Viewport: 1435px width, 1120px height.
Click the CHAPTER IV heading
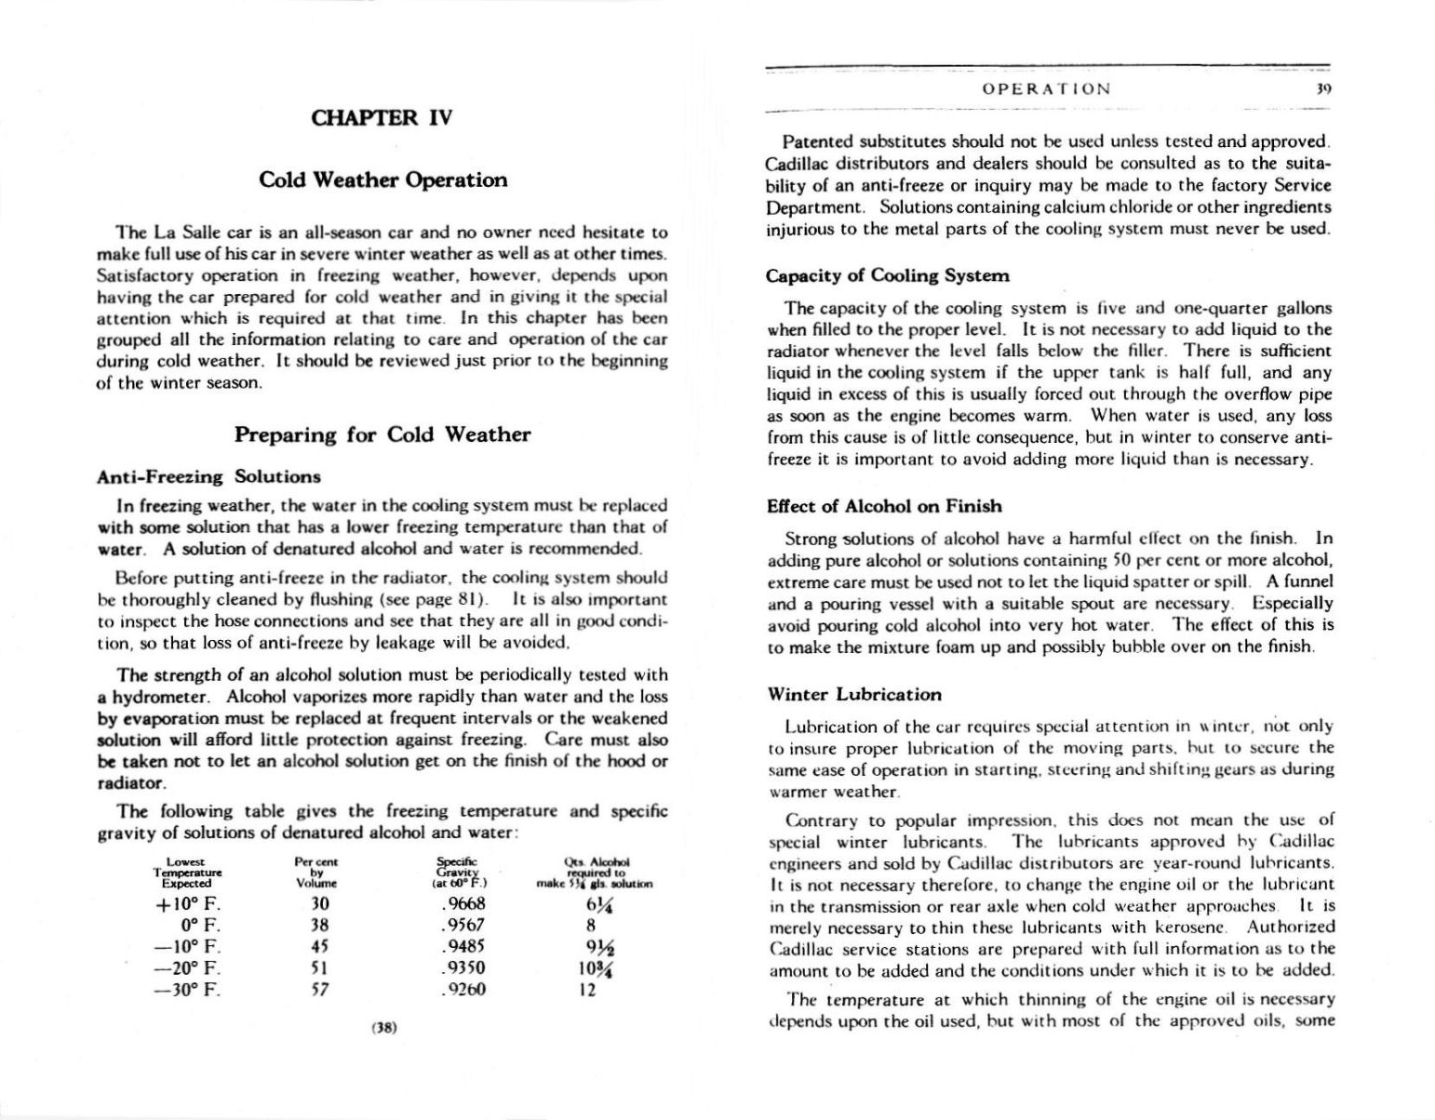point(382,118)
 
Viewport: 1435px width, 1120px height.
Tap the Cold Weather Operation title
point(382,180)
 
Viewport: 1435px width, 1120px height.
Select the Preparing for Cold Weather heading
point(382,434)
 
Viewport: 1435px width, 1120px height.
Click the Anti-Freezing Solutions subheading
point(208,477)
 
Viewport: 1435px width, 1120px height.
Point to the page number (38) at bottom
point(383,1028)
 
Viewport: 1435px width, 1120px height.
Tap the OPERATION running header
point(1046,89)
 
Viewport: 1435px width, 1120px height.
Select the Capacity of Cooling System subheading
point(887,275)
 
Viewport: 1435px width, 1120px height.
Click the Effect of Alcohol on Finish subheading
point(884,506)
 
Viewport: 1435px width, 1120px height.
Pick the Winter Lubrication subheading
point(854,694)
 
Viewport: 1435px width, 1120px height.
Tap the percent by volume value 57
point(317,989)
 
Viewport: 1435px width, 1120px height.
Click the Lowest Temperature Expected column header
point(187,873)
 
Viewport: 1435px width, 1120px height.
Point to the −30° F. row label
point(186,989)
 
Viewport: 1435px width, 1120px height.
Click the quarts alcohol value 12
point(588,989)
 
